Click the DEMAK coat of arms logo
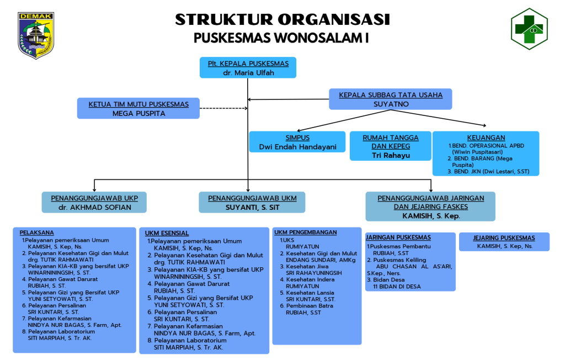[36, 35]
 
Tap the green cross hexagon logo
[529, 30]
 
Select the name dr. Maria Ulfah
[248, 73]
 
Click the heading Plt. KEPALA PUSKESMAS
[248, 63]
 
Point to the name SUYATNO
[391, 104]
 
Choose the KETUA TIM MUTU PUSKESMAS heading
[138, 104]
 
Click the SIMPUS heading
[297, 137]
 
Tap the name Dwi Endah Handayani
[297, 147]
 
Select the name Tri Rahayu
[391, 155]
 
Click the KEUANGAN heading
[486, 137]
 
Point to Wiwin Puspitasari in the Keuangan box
[477, 151]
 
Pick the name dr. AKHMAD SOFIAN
[95, 207]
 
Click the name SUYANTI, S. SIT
[252, 207]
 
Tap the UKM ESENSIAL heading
[167, 233]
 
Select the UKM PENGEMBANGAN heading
[305, 232]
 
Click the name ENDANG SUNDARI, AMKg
[321, 260]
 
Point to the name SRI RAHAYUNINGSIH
[313, 273]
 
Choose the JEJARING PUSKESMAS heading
[504, 238]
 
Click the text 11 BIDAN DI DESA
[397, 287]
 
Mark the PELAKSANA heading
[37, 232]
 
